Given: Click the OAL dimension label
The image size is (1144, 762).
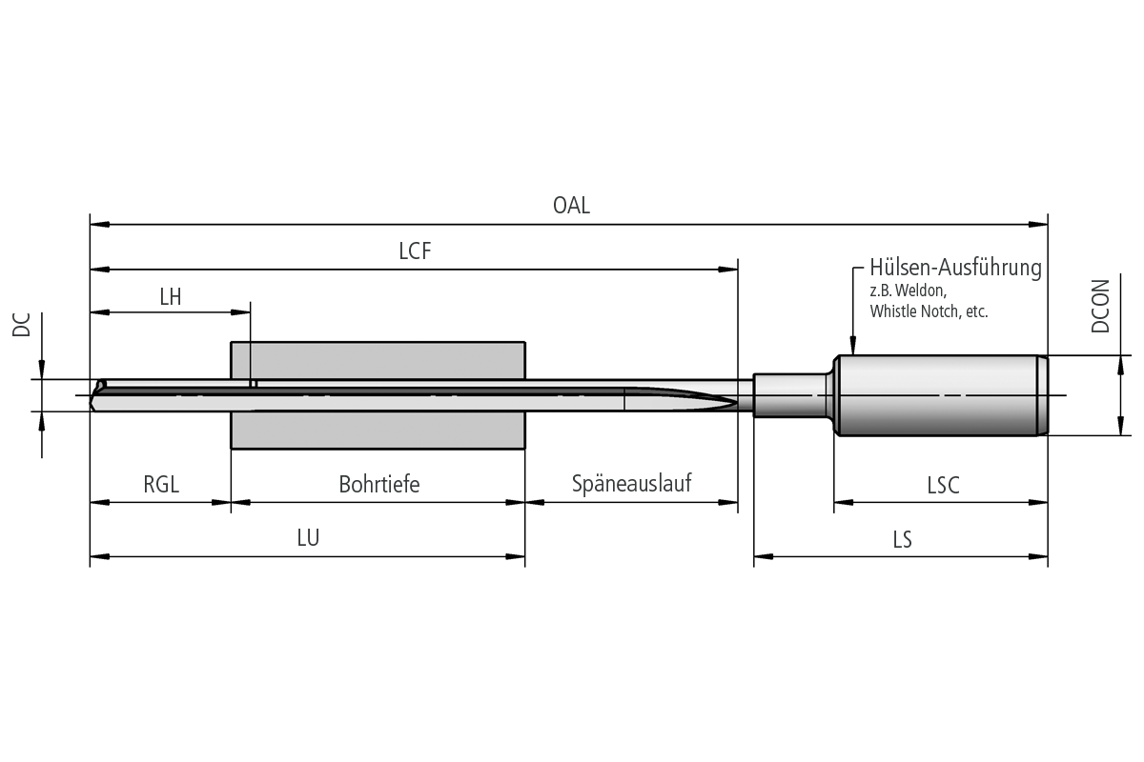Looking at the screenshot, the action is pyautogui.click(x=571, y=205).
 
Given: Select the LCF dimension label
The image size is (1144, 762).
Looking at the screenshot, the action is pyautogui.click(x=415, y=251).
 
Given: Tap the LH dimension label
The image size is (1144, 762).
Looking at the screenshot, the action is pyautogui.click(x=170, y=296).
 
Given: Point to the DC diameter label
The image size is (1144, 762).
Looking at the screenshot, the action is pyautogui.click(x=21, y=325).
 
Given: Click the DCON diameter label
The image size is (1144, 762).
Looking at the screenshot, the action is pyautogui.click(x=1100, y=307).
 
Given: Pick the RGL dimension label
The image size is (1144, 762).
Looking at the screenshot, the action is pyautogui.click(x=161, y=485).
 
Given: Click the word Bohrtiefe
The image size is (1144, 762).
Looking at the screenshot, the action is pyautogui.click(x=379, y=485).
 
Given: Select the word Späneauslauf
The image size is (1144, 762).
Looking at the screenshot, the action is pyautogui.click(x=631, y=483).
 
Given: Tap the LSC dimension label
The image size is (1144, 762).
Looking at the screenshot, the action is pyautogui.click(x=943, y=486).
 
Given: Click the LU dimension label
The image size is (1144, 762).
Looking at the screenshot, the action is pyautogui.click(x=308, y=538).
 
